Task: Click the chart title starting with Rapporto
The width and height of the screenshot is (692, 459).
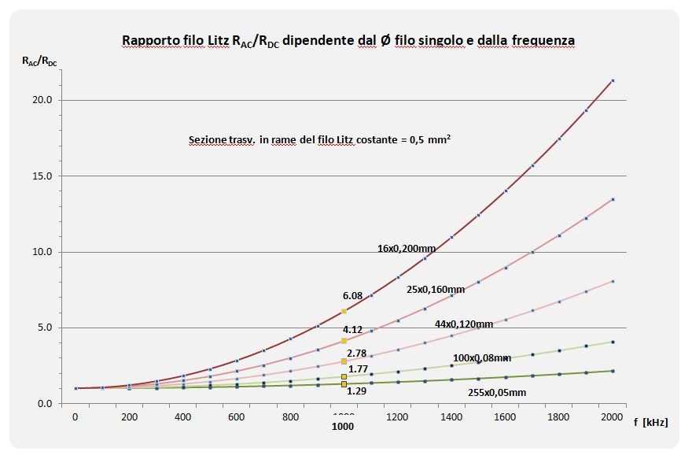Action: (348, 40)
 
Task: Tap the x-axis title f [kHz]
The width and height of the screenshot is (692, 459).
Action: (650, 423)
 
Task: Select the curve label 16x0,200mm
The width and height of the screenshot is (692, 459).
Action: (406, 249)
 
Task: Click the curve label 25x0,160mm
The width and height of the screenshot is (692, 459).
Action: (436, 290)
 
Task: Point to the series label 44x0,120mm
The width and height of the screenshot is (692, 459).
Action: (464, 324)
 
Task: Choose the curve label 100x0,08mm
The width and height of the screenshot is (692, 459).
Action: (482, 358)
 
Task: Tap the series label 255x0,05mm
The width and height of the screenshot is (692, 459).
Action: (496, 392)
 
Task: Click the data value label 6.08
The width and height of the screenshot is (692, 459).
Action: (352, 296)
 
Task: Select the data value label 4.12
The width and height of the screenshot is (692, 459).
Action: (352, 329)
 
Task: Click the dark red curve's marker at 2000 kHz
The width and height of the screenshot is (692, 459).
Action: (613, 80)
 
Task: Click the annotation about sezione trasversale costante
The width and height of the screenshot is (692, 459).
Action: (319, 140)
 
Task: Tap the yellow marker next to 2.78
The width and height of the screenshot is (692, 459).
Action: (344, 361)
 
